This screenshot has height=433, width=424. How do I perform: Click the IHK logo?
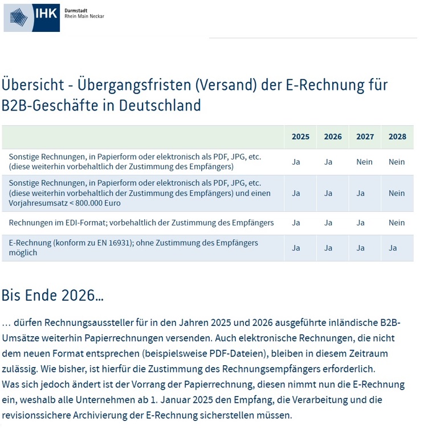32,18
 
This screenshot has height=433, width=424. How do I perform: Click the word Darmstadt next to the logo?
76,11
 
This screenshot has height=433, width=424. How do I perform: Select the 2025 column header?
300,137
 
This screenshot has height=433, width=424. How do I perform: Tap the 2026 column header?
333,137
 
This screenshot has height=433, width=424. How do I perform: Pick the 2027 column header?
365,137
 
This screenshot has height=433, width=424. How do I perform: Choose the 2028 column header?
397,137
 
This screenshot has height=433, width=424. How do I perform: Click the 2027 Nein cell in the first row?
364,162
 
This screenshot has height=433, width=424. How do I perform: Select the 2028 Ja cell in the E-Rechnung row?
393,248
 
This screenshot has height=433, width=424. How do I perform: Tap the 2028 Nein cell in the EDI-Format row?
397,223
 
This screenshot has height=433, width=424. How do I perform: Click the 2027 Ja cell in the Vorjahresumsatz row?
360,193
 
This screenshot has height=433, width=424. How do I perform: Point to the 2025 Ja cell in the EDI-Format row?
296,223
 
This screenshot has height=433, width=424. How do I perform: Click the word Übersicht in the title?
33,84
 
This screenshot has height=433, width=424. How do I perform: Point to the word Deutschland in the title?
160,105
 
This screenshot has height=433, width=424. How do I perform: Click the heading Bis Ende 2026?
52,295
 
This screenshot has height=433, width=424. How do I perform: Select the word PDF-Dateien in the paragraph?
237,354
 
